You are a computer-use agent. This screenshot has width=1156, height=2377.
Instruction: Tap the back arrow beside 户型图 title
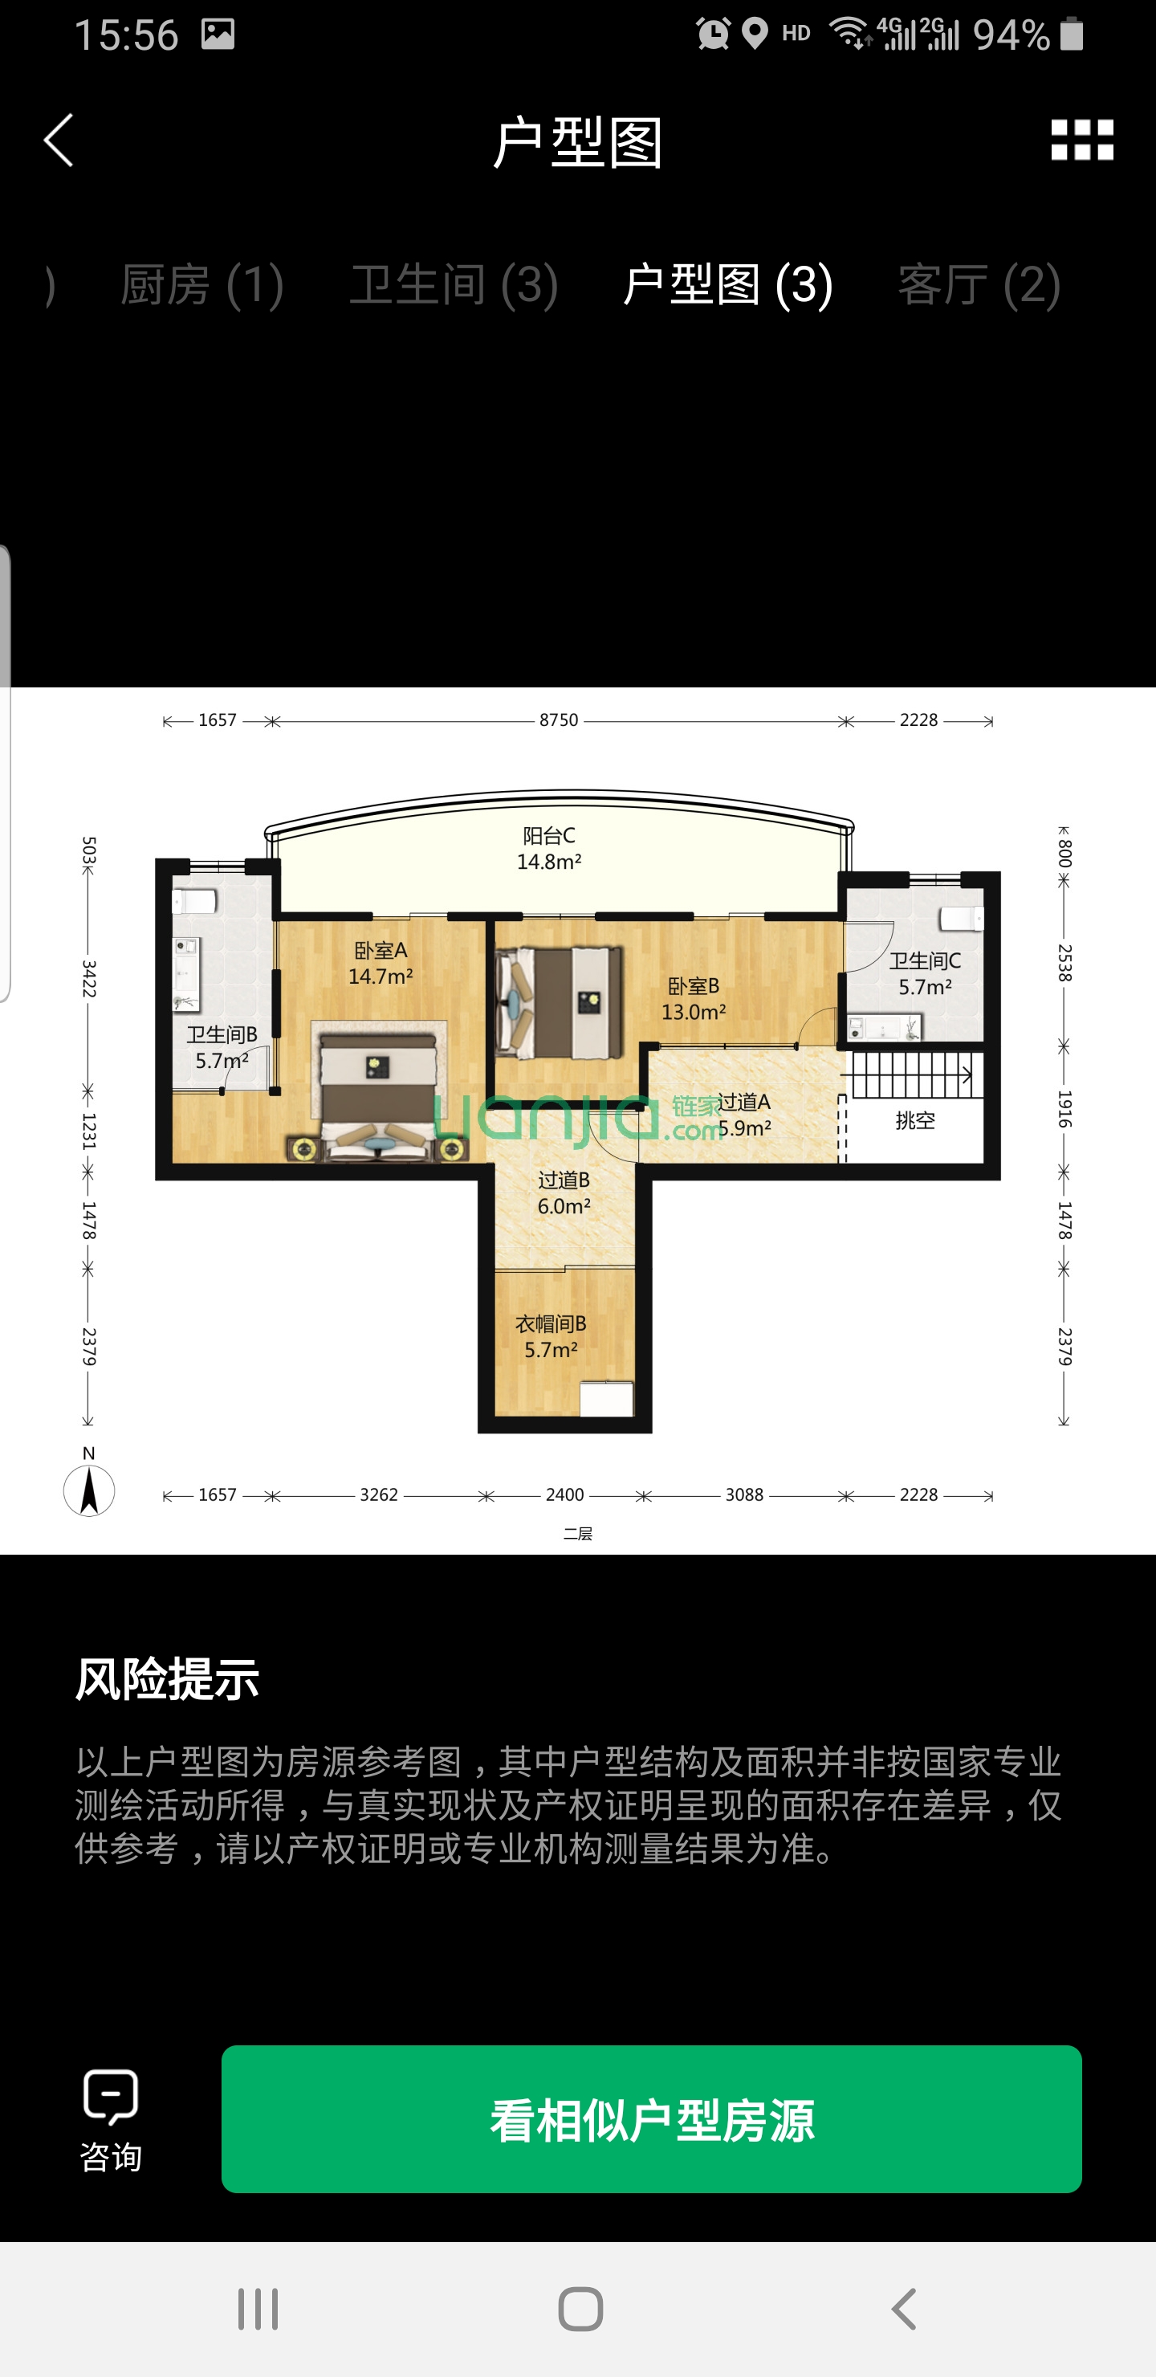click(58, 141)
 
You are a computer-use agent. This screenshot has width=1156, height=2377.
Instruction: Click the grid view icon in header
click(1081, 141)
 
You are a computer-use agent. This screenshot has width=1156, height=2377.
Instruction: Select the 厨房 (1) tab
click(202, 284)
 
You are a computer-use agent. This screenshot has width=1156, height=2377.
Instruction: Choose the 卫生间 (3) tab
click(453, 284)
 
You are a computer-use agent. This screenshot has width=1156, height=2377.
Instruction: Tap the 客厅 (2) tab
click(978, 284)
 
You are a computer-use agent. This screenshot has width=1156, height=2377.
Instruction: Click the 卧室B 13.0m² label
click(693, 998)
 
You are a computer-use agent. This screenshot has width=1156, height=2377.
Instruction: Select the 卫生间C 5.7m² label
click(925, 973)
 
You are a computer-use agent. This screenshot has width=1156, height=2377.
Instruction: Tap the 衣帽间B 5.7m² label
click(551, 1336)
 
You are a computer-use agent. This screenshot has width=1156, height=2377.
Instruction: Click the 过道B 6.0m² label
click(564, 1193)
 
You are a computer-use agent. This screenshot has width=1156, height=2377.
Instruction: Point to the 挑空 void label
click(914, 1120)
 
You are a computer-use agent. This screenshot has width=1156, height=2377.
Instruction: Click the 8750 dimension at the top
click(558, 720)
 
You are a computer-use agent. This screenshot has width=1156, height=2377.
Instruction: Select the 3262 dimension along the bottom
click(378, 1494)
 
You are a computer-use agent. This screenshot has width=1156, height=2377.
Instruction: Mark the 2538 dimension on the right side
click(1064, 962)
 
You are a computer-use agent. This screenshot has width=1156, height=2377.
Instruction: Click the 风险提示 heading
click(167, 1678)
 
